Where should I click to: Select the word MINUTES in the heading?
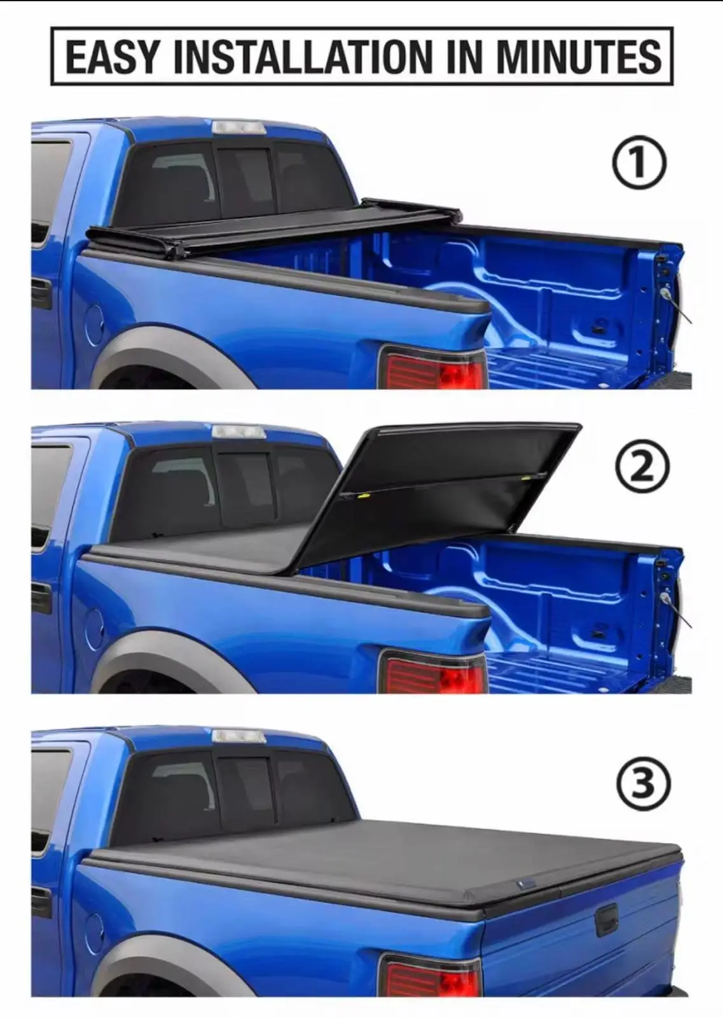[x=578, y=57]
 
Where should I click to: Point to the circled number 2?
[x=642, y=469]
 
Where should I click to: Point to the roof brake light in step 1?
[x=238, y=127]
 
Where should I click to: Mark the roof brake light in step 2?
[x=238, y=431]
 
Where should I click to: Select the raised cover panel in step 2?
[x=436, y=493]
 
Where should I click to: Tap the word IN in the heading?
[x=462, y=57]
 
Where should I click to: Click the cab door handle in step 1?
[x=42, y=295]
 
